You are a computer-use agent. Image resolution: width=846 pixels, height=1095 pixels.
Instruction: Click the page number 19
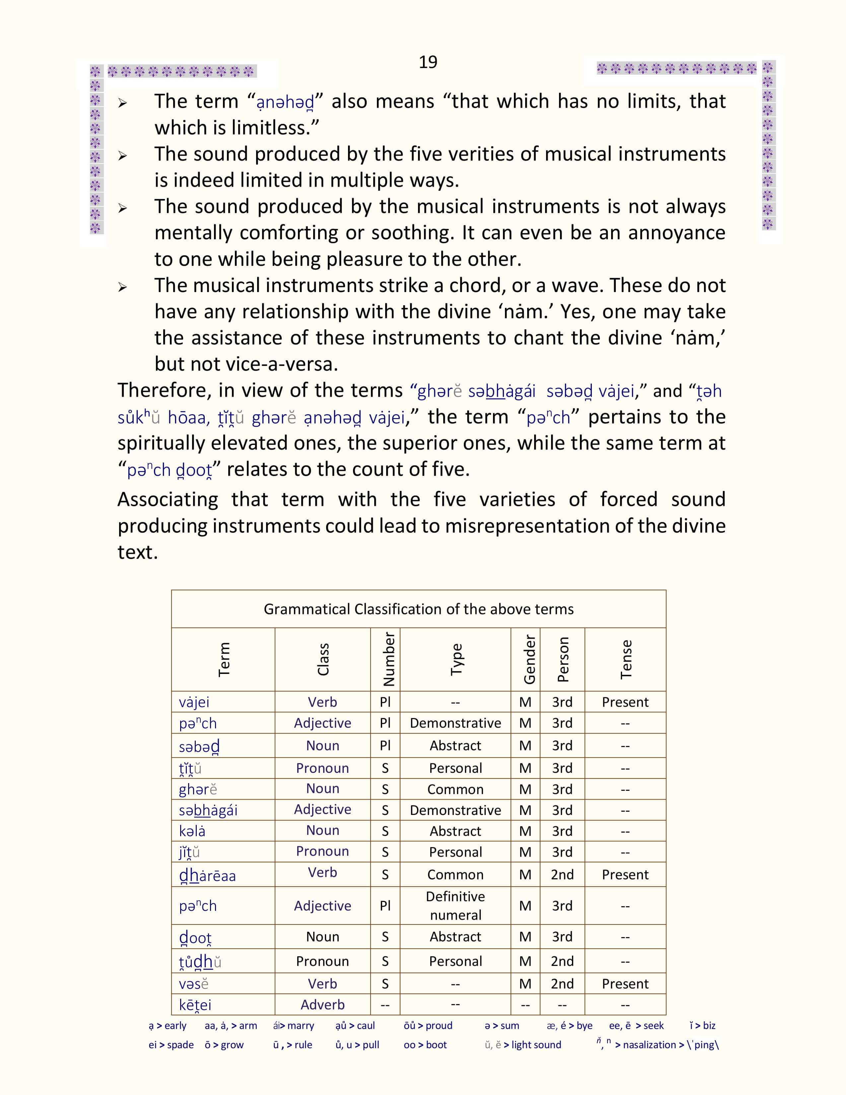[x=428, y=62]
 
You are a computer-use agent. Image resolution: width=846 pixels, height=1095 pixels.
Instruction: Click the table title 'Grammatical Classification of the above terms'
[x=418, y=609]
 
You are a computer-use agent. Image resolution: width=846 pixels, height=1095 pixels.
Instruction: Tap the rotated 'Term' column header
[x=224, y=659]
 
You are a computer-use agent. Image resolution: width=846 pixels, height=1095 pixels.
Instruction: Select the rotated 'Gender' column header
[x=529, y=659]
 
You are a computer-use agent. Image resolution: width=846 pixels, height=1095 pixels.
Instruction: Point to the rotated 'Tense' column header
[x=625, y=659]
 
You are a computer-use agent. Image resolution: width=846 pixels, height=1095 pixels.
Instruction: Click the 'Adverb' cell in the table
[x=322, y=1004]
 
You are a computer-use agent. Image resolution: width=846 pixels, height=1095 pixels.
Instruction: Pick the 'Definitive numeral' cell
[x=455, y=906]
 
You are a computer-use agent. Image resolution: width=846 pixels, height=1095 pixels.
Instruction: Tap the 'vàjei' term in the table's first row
[x=194, y=702]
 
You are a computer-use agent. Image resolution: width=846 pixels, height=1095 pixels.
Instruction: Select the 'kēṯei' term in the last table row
[x=195, y=1005]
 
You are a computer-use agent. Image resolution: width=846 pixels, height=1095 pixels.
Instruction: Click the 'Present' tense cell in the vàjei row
[x=625, y=702]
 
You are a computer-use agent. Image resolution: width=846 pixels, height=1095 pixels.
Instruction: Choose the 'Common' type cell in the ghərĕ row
[x=455, y=789]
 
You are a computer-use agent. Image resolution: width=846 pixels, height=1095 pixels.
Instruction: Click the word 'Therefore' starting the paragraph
[x=160, y=390]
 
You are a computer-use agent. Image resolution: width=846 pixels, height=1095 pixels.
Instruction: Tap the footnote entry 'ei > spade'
[x=171, y=1045]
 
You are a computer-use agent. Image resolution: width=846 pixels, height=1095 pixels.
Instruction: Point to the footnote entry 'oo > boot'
[x=425, y=1045]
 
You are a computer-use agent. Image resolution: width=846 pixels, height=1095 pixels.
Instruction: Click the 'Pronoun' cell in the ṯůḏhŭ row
[x=322, y=961]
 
